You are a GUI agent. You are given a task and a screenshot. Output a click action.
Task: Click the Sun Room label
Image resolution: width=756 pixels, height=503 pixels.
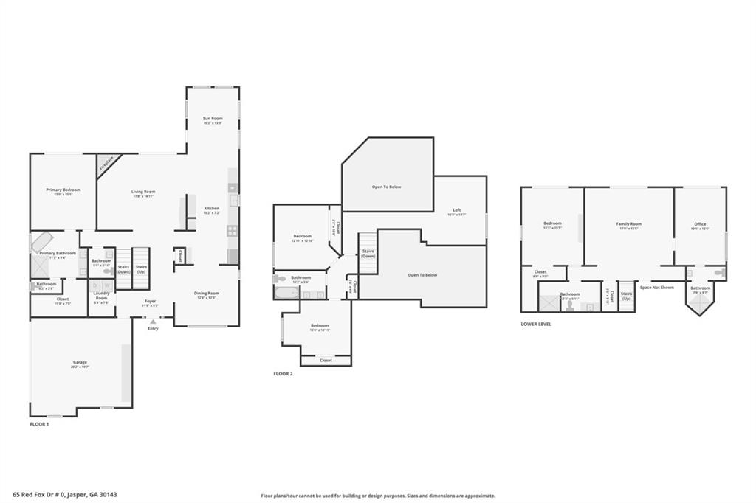point(213,119)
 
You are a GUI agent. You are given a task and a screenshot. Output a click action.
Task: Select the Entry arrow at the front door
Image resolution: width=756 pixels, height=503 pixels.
point(153,322)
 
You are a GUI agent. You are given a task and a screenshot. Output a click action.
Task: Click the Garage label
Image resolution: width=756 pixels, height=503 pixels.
point(80,362)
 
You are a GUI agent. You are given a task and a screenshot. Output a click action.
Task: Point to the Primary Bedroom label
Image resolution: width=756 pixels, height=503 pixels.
point(63,190)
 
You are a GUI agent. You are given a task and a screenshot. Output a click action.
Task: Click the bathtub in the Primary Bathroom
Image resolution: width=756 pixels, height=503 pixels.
point(41,242)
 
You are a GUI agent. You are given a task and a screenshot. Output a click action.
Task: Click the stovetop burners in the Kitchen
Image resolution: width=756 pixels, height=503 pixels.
point(232,230)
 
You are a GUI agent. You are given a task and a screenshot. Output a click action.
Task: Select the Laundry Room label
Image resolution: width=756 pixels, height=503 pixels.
point(101,296)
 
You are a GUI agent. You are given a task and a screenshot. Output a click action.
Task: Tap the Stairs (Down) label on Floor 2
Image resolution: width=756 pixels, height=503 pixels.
point(368,253)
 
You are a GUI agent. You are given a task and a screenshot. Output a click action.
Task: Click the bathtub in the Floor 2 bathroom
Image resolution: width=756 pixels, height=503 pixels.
point(286,293)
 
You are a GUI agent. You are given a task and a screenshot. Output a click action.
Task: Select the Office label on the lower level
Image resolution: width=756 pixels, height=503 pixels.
point(700,224)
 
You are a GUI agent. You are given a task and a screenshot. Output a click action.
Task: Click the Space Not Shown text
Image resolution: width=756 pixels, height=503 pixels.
point(656,287)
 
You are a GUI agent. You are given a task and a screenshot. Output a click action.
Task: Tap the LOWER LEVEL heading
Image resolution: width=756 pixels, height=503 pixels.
point(536,324)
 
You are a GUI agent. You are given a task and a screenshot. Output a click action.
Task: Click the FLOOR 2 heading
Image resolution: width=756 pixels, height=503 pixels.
point(283,374)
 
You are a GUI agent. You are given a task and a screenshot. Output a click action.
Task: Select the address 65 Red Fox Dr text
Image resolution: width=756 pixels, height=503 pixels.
point(65,495)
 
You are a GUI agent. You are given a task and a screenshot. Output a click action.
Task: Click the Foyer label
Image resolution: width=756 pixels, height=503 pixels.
point(150,301)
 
